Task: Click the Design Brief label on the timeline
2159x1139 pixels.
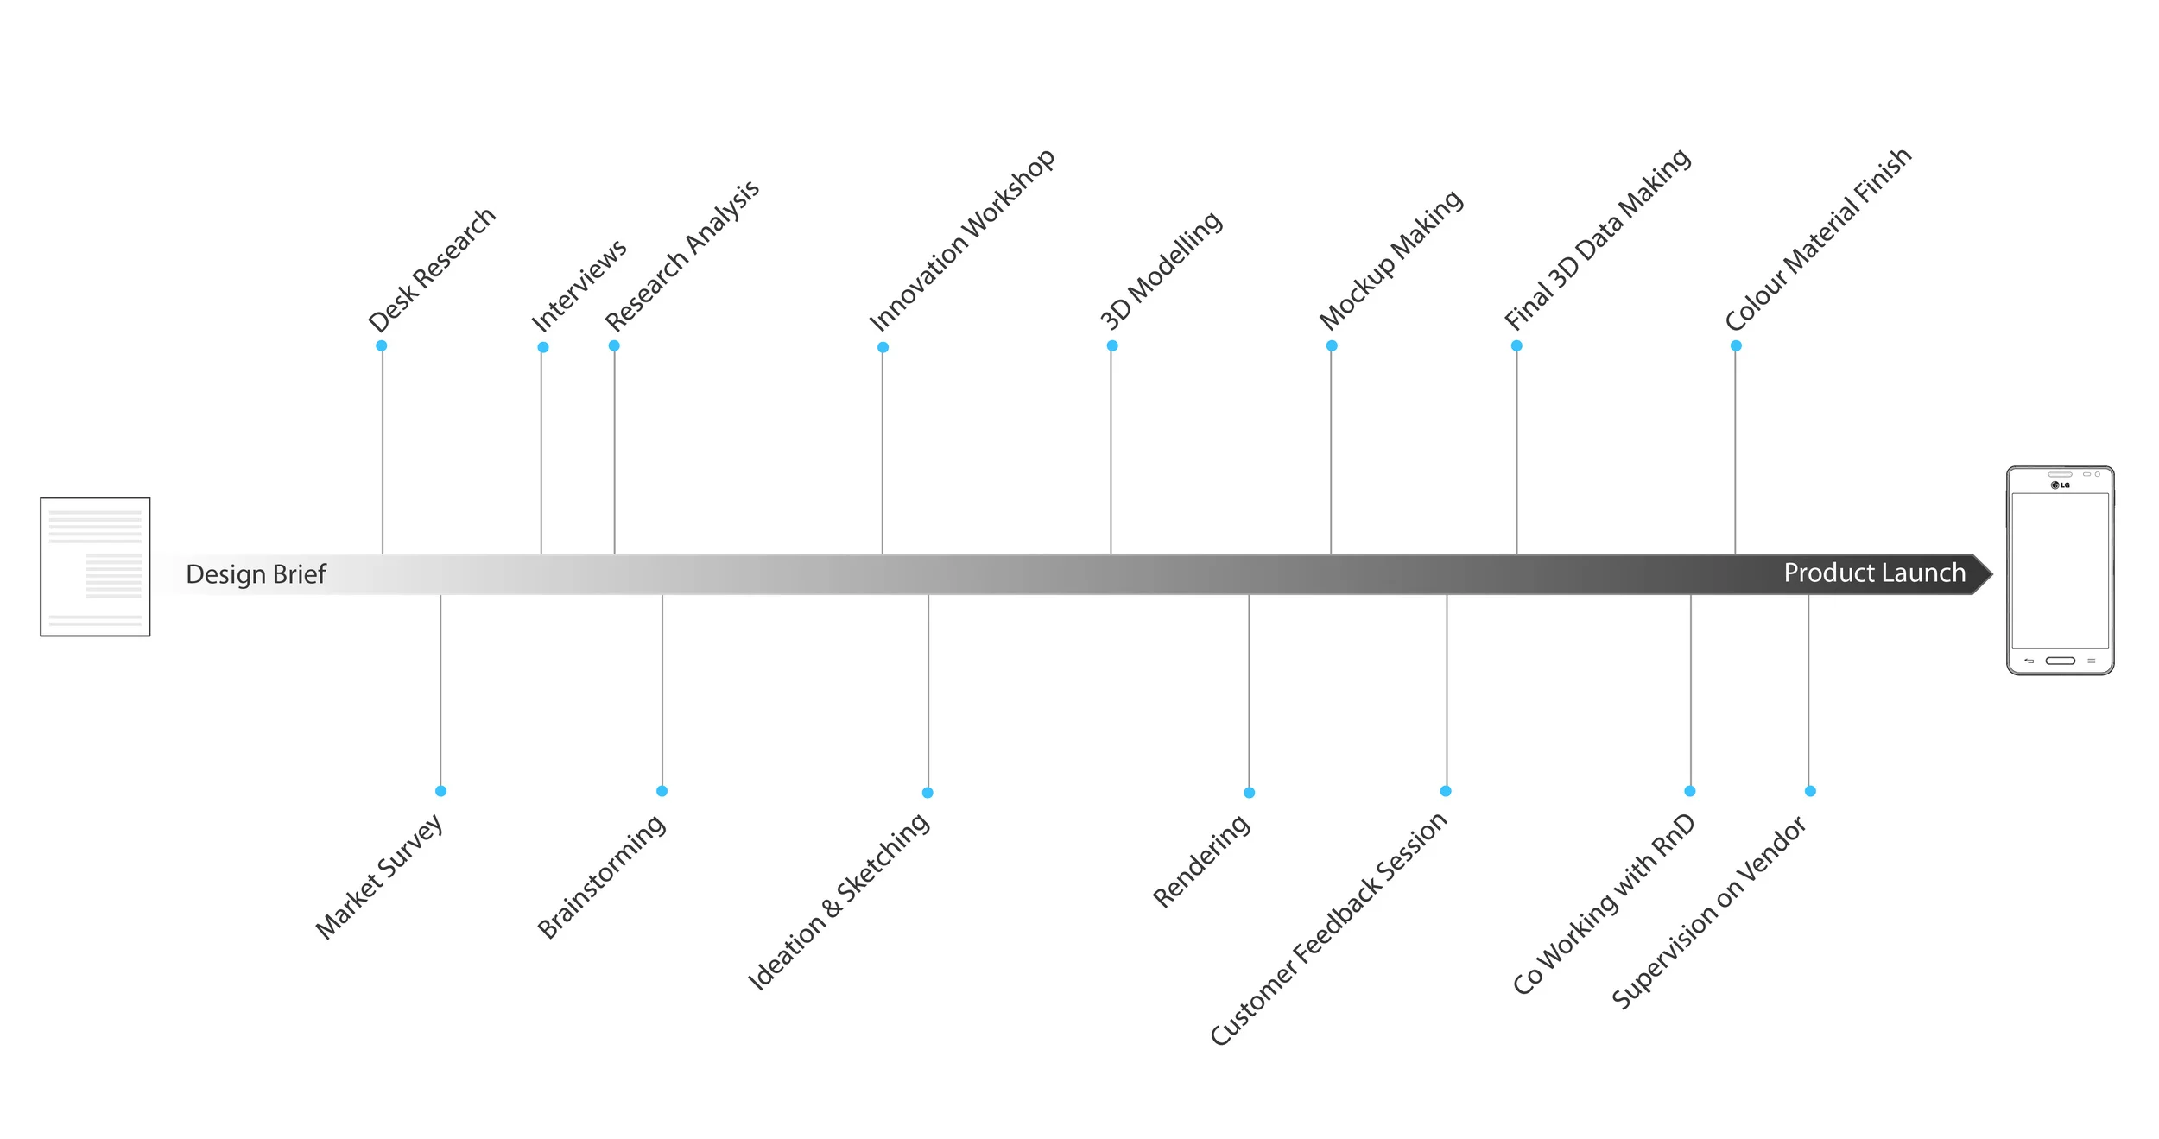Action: [256, 574]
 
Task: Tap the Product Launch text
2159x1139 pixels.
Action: [1874, 573]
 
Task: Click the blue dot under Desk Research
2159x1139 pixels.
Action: [382, 346]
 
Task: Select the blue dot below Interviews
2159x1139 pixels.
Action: [543, 348]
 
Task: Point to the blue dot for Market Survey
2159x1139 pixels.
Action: [441, 791]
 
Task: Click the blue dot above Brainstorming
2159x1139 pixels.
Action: [662, 791]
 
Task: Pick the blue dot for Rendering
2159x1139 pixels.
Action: [1250, 793]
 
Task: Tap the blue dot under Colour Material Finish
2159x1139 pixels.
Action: [1736, 346]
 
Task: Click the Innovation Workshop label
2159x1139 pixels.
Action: [961, 241]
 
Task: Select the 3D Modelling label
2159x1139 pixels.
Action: [1161, 270]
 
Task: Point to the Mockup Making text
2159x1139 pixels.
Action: [1390, 260]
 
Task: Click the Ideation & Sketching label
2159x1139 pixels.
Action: [839, 902]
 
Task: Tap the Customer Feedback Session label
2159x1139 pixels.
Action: [1328, 929]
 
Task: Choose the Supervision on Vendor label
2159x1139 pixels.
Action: [1708, 913]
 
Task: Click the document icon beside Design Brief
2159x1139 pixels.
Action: [95, 567]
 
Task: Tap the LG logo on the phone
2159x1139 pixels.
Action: [2061, 485]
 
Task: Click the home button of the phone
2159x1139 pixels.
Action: [2060, 661]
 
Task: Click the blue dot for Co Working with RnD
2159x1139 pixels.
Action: [1690, 791]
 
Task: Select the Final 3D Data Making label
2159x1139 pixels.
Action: [1597, 239]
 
